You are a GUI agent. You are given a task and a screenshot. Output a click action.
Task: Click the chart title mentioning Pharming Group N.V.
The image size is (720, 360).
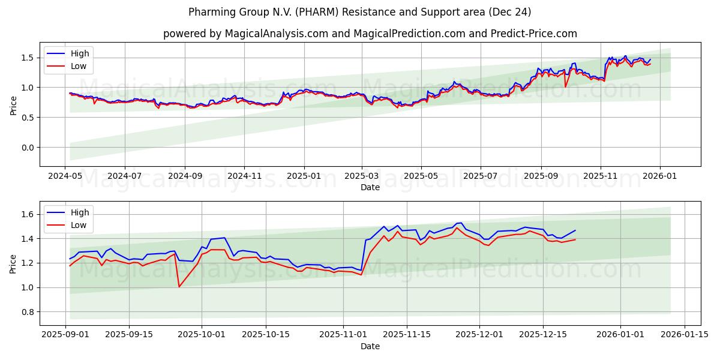359,12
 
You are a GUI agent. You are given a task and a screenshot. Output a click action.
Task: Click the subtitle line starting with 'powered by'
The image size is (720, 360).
370,34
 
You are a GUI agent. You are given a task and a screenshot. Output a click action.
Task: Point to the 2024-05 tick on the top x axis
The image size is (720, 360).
65,176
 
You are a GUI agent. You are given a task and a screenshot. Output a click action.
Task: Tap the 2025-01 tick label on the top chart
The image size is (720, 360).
304,176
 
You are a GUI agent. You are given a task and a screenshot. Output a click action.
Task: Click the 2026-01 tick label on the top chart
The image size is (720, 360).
660,176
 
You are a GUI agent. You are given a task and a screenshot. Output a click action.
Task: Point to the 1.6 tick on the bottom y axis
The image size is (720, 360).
28,214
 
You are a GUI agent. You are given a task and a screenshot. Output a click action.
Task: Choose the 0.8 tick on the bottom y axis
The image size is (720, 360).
28,312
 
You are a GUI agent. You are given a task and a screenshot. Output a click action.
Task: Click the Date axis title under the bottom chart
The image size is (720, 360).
370,346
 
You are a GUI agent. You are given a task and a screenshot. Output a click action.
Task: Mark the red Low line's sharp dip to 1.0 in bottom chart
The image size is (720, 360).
179,287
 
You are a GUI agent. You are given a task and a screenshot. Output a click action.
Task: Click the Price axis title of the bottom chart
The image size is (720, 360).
13,263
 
